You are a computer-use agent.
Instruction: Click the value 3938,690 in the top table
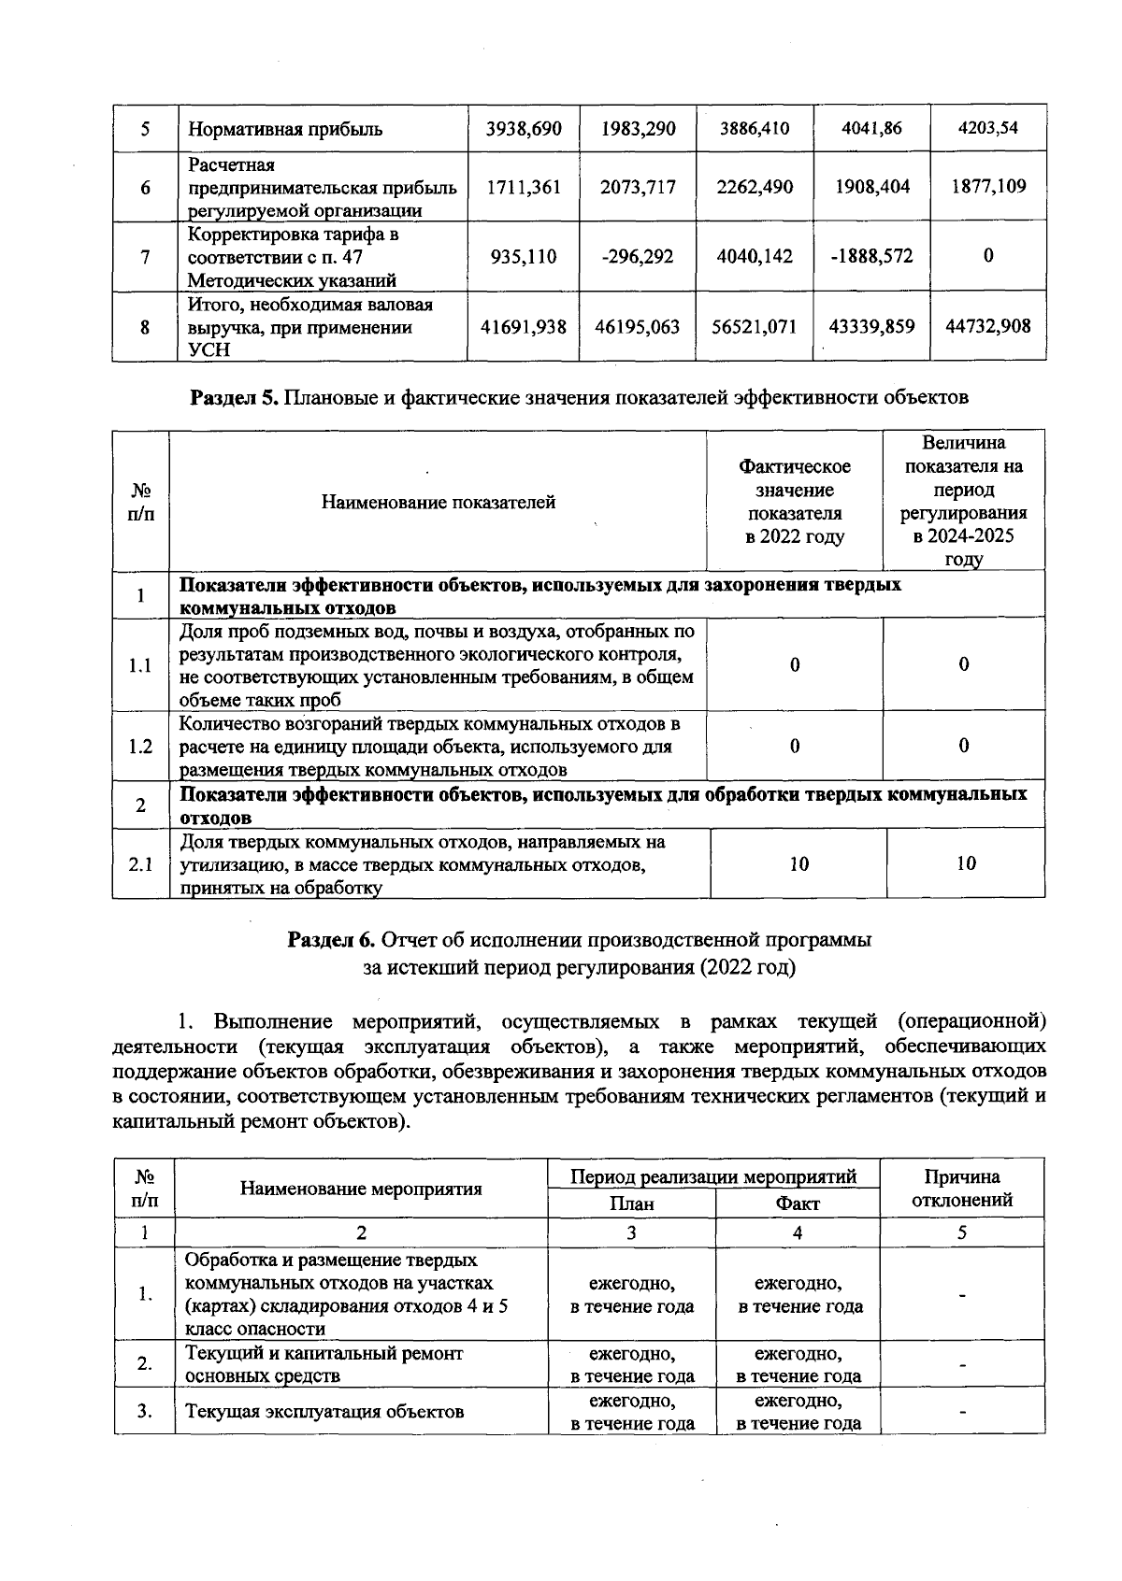(523, 129)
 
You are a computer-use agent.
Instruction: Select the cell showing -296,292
(638, 256)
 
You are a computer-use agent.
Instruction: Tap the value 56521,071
(754, 327)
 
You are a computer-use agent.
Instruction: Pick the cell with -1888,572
(871, 256)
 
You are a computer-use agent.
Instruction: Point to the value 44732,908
(987, 326)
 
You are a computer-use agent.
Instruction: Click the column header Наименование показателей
(438, 503)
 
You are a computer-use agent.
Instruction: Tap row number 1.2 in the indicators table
(140, 746)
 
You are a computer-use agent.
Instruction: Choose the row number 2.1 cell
(140, 864)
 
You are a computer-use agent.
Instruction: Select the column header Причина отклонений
(961, 1189)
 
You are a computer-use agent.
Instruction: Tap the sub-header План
(631, 1204)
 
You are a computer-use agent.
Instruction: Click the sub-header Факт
(798, 1204)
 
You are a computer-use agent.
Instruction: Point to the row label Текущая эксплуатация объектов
(324, 1412)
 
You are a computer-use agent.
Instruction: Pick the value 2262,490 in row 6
(754, 187)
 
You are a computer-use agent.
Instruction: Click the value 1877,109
(987, 186)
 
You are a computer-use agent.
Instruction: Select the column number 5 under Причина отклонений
(961, 1232)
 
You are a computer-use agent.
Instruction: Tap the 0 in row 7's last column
(987, 256)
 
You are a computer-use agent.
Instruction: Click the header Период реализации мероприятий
(713, 1176)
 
